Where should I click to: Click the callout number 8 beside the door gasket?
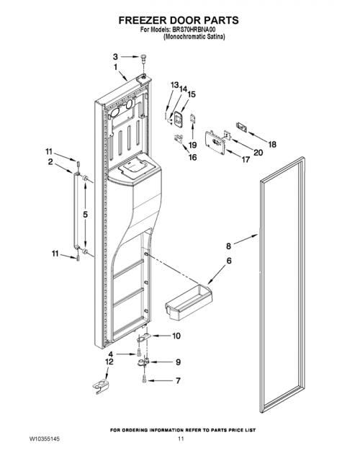pyautogui.click(x=228, y=246)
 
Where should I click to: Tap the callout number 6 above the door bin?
pyautogui.click(x=229, y=261)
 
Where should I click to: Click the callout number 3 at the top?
pyautogui.click(x=115, y=56)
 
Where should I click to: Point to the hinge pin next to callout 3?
pyautogui.click(x=144, y=58)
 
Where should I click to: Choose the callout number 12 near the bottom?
pyautogui.click(x=109, y=362)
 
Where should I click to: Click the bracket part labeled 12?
pyautogui.click(x=100, y=387)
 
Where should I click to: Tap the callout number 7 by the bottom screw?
pyautogui.click(x=178, y=380)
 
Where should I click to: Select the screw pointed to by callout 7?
pyautogui.click(x=144, y=379)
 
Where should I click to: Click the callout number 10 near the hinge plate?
pyautogui.click(x=176, y=336)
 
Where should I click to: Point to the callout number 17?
pyautogui.click(x=246, y=160)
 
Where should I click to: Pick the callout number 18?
pyautogui.click(x=272, y=145)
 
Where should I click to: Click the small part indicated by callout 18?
pyautogui.click(x=241, y=127)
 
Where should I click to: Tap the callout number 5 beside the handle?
pyautogui.click(x=85, y=214)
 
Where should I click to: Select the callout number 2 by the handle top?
pyautogui.click(x=50, y=161)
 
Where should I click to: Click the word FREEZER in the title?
pyautogui.click(x=143, y=20)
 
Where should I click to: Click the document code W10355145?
pyautogui.click(x=44, y=439)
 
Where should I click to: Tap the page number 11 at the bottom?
pyautogui.click(x=181, y=439)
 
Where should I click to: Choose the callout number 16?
pyautogui.click(x=192, y=157)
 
